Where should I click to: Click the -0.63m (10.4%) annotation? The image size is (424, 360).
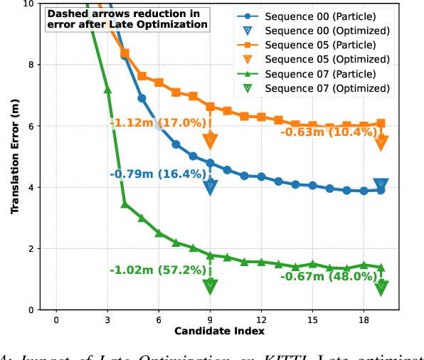328,132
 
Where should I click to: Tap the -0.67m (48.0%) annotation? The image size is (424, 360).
328,277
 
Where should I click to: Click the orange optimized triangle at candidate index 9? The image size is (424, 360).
210,141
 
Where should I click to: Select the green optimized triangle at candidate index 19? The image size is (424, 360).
381,287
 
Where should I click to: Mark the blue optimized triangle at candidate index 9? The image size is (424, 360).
210,186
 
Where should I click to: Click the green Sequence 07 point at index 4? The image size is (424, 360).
124,204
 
